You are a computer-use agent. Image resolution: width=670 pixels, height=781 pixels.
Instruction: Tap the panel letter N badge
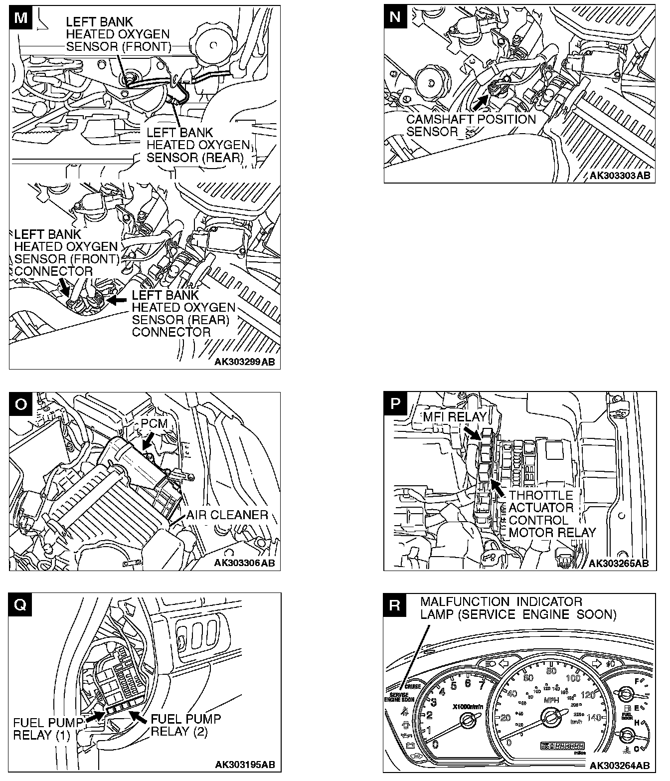pyautogui.click(x=395, y=17)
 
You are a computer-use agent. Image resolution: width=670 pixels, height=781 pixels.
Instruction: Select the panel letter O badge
pyautogui.click(x=20, y=404)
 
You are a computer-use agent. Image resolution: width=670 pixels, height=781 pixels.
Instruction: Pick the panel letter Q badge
pyautogui.click(x=20, y=605)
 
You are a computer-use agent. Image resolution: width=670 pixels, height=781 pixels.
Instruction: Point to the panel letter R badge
pyautogui.click(x=395, y=605)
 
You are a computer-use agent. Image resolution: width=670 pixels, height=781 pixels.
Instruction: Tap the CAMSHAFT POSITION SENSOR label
pyautogui.click(x=471, y=125)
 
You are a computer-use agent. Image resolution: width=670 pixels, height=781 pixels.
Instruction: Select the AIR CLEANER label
pyautogui.click(x=227, y=515)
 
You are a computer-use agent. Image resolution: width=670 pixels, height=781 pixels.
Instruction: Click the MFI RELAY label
pyautogui.click(x=455, y=416)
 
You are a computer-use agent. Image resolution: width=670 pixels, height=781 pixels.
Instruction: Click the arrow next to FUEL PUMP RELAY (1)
pyautogui.click(x=92, y=717)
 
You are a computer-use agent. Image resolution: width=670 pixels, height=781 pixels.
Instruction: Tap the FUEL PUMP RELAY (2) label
pyautogui.click(x=185, y=725)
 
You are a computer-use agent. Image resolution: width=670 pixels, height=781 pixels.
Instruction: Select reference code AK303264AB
pyautogui.click(x=619, y=765)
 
